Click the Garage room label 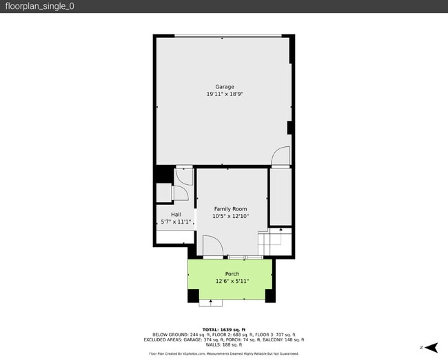pyautogui.click(x=225, y=86)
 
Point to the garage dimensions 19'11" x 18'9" pyautogui.click(x=225, y=94)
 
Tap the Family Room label pyautogui.click(x=230, y=209)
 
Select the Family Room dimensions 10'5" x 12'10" pyautogui.click(x=230, y=216)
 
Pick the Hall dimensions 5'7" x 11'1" pyautogui.click(x=175, y=222)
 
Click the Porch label pyautogui.click(x=232, y=274)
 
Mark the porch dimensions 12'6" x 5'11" pyautogui.click(x=232, y=282)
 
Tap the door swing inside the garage pyautogui.click(x=281, y=157)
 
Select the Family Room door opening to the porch pyautogui.click(x=212, y=246)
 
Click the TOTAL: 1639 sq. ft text pyautogui.click(x=224, y=329)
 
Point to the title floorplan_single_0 pyautogui.click(x=40, y=6)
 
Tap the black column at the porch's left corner pyautogui.click(x=192, y=295)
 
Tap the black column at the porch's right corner pyautogui.click(x=270, y=295)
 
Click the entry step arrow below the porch pyautogui.click(x=210, y=302)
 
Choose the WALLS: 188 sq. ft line pyautogui.click(x=224, y=344)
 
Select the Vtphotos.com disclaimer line pyautogui.click(x=224, y=353)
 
